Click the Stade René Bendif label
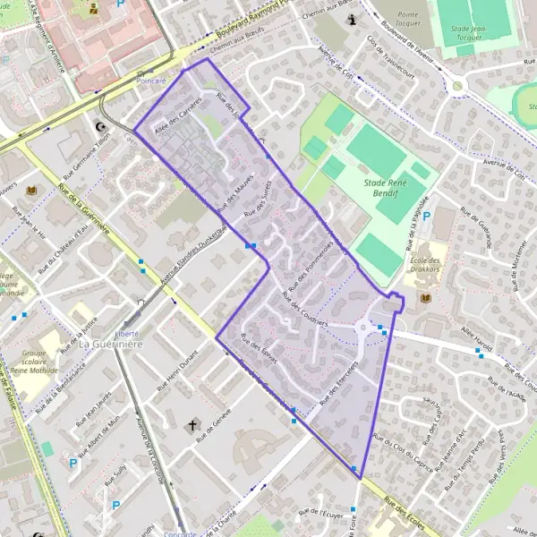(380, 189)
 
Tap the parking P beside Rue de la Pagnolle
(427, 216)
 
